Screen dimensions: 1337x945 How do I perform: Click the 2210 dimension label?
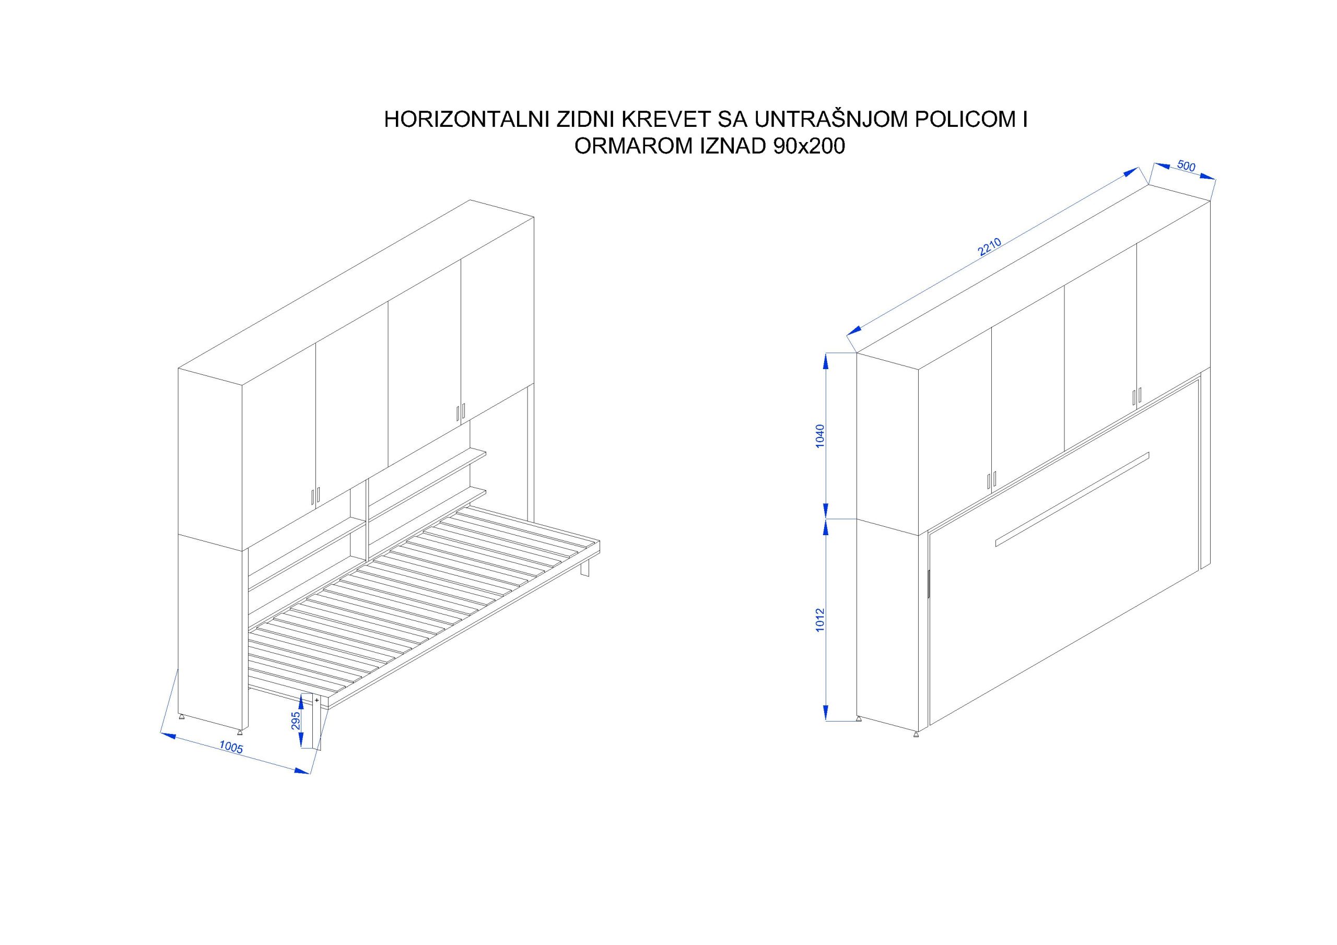[x=989, y=247]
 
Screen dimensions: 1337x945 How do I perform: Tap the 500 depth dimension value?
[x=1186, y=166]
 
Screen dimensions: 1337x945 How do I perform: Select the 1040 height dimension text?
[x=820, y=435]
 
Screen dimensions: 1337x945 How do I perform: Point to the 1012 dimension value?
[x=820, y=620]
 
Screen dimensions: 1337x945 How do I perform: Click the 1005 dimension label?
[x=231, y=748]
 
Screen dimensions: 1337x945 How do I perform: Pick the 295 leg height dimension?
[x=296, y=720]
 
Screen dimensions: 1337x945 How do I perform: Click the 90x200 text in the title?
[x=809, y=146]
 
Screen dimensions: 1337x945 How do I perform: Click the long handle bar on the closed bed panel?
[x=1072, y=499]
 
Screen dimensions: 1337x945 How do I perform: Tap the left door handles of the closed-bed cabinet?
[x=992, y=480]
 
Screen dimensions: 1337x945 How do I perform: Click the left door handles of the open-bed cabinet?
[x=315, y=495]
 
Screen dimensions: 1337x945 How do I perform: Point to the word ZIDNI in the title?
[x=587, y=120]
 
